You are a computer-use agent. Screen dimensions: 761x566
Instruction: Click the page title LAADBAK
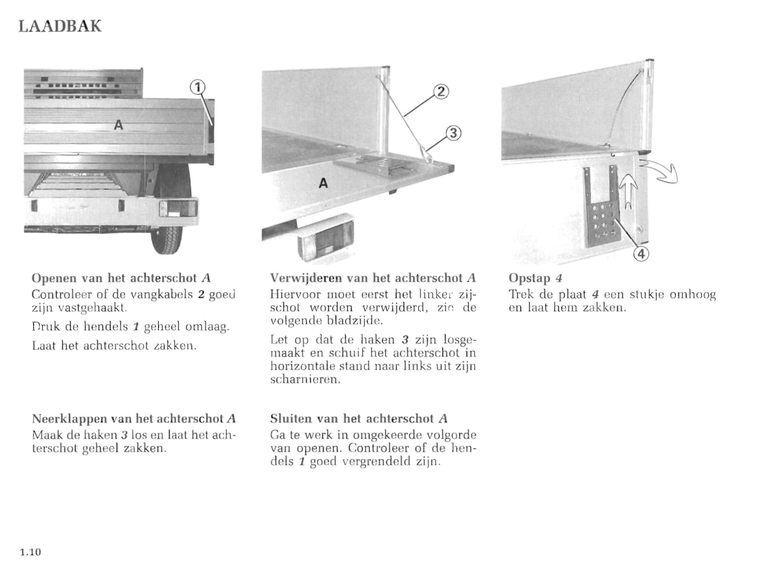(x=60, y=26)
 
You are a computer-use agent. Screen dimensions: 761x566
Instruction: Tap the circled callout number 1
(x=197, y=87)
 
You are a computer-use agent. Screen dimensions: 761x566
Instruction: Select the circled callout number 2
(x=441, y=92)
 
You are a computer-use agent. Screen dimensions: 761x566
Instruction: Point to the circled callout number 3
(x=453, y=133)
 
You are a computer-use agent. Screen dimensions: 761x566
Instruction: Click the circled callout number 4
(x=641, y=254)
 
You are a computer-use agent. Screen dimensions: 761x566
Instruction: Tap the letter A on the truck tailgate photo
(x=118, y=125)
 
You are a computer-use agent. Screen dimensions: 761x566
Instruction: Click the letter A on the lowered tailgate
(x=323, y=183)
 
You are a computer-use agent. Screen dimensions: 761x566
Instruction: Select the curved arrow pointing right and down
(x=660, y=172)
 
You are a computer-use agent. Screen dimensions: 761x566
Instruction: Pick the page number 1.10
(x=30, y=552)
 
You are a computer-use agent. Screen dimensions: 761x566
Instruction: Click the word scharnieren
(x=305, y=380)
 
